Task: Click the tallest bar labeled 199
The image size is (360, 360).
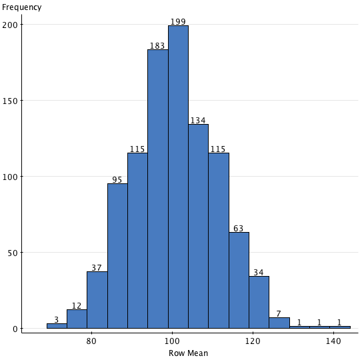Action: point(178,177)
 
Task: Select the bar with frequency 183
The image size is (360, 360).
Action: point(157,189)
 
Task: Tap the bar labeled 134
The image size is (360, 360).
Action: point(198,227)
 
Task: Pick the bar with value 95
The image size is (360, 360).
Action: point(117,256)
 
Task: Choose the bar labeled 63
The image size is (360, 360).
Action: point(239,280)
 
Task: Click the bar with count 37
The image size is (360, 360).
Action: point(97,300)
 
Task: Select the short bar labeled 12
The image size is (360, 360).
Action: point(77,319)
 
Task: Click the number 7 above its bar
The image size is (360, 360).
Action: point(279,313)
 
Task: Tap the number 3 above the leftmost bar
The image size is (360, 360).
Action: point(56,320)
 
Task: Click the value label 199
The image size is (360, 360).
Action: point(178,22)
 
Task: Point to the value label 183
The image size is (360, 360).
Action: point(157,46)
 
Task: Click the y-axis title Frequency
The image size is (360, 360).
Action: point(22,7)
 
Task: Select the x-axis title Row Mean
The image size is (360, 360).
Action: point(188,353)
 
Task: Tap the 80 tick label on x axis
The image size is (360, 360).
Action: point(91,341)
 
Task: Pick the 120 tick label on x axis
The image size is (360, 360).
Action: point(253,341)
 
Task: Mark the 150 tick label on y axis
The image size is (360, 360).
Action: point(11,101)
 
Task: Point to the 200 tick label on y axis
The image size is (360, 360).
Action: point(11,25)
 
